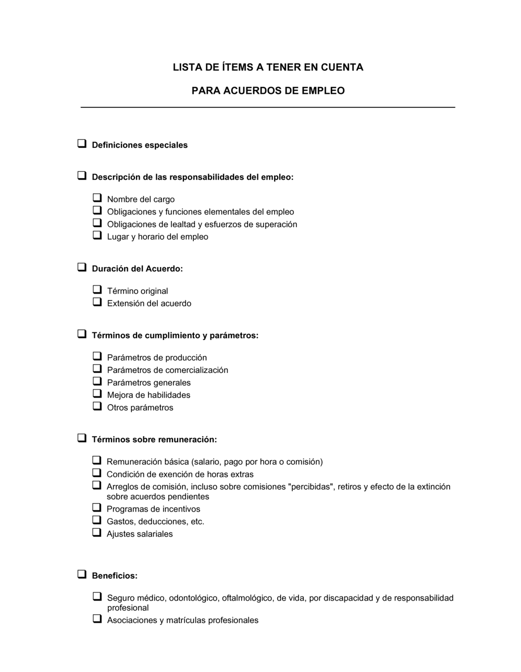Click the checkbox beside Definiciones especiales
(82, 144)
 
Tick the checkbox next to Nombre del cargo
(97, 198)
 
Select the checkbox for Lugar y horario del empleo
(97, 235)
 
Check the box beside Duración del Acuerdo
(82, 267)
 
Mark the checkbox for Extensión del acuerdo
(97, 302)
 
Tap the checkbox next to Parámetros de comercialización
(97, 369)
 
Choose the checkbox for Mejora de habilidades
(97, 394)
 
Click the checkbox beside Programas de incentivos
(97, 508)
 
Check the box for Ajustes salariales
(97, 533)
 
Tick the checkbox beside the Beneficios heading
(82, 575)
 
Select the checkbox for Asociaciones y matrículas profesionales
(97, 619)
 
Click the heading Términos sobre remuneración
(154, 440)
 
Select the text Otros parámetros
(140, 408)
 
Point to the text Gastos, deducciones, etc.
(155, 521)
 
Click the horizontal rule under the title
(268, 107)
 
